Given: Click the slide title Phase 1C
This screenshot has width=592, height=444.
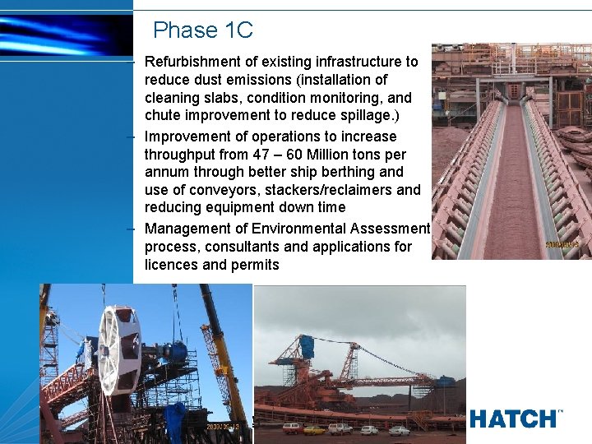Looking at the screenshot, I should tap(202, 31).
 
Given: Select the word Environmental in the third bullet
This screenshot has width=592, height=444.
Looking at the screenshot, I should tap(299, 229).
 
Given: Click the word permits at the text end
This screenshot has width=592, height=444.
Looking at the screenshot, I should tap(257, 265).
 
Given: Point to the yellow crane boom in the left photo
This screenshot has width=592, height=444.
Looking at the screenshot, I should tap(222, 354).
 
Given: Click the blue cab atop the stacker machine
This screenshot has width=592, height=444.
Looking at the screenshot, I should tap(306, 346).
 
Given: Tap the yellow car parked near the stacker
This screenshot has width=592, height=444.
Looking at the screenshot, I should tap(314, 429).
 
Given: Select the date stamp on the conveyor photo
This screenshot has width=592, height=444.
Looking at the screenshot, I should tap(562, 244).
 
